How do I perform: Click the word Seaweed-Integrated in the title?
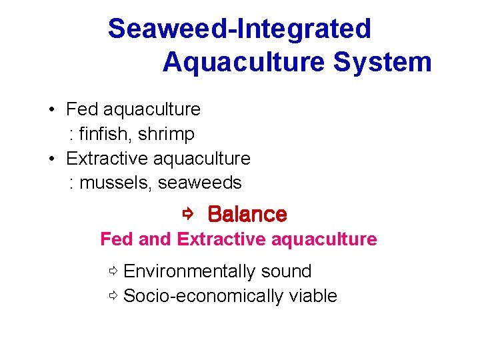tap(239, 29)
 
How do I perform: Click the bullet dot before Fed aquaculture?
tap(51, 109)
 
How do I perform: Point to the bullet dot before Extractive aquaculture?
tap(51, 159)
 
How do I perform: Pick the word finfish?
tap(107, 134)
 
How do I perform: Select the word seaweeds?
tap(199, 183)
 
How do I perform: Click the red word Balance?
tap(247, 214)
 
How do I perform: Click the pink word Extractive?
tap(218, 239)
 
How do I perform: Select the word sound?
tap(286, 271)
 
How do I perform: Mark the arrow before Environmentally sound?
tap(114, 271)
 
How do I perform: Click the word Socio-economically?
tap(204, 296)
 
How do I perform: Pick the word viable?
tap(313, 296)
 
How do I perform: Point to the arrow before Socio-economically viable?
tap(114, 296)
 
